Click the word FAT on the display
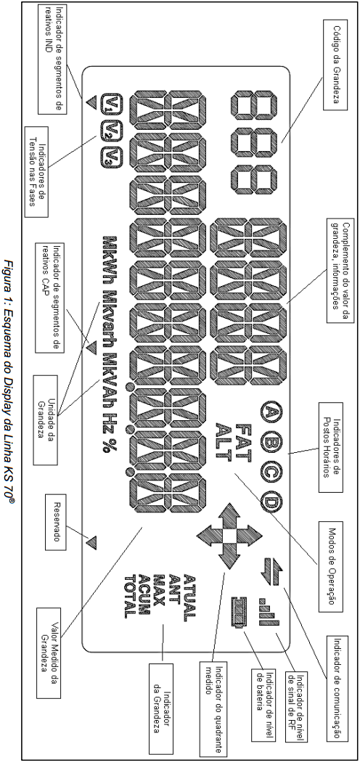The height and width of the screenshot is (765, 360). pos(243,442)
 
